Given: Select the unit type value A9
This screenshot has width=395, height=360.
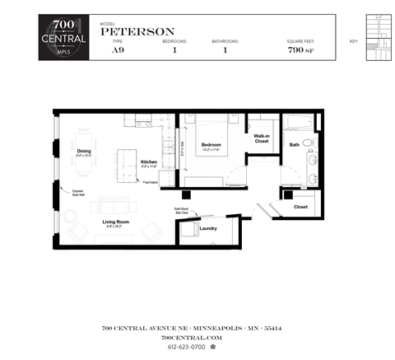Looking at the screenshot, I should tap(118, 50).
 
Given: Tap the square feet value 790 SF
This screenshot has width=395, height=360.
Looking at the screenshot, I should tap(300, 50).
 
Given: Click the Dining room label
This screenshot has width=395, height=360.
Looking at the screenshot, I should tap(84, 151).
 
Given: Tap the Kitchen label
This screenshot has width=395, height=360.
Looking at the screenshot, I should tap(148, 161).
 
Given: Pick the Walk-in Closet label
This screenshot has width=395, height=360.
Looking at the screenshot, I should tap(262, 138).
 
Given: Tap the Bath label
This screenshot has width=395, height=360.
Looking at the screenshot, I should tap(294, 145).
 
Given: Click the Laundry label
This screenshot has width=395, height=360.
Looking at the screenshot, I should tap(207, 228).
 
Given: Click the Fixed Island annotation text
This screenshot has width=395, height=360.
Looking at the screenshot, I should tap(150, 182).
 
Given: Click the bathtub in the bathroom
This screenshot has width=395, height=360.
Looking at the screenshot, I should tap(297, 124).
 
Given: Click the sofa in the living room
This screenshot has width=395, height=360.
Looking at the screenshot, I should tap(114, 206).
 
